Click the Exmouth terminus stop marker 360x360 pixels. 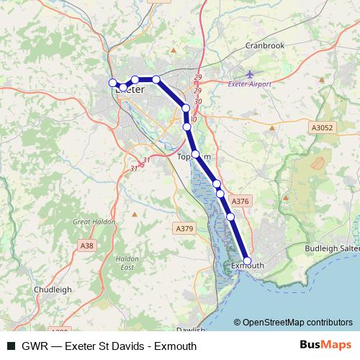248,261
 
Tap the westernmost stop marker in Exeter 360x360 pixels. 112,83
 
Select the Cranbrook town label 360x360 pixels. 264,45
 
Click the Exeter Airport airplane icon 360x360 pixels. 250,74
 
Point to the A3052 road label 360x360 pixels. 323,127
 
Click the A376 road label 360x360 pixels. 240,202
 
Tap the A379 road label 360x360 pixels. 184,228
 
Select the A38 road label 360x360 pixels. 86,246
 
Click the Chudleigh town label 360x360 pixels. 53,289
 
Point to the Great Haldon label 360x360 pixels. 94,222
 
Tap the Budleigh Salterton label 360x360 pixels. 332,247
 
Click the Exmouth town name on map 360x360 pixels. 249,266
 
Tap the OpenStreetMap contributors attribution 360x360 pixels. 293,322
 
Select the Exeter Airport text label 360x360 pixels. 250,84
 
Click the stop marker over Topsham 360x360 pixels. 195,154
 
